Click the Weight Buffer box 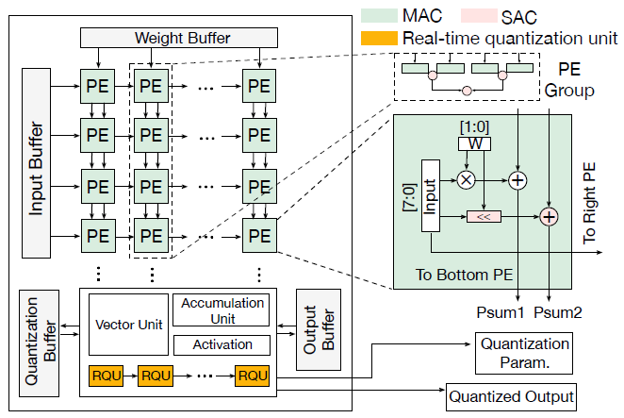coord(179,38)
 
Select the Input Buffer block coord(36,163)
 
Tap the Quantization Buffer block coord(39,343)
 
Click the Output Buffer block coord(319,329)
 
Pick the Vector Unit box coord(128,325)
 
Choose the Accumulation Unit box coord(222,310)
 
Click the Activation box coord(222,345)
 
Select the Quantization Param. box coord(524,353)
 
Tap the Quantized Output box coord(511,397)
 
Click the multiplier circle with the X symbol coord(466,180)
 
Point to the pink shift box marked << coord(484,217)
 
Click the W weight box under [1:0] coord(474,143)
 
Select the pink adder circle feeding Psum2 coord(550,217)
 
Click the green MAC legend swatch coord(379,15)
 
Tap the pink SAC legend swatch coord(479,15)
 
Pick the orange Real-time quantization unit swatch coord(379,39)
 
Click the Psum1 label coord(501,312)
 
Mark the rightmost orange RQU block coord(253,376)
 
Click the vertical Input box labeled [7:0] coord(430,195)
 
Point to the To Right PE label coord(589,203)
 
